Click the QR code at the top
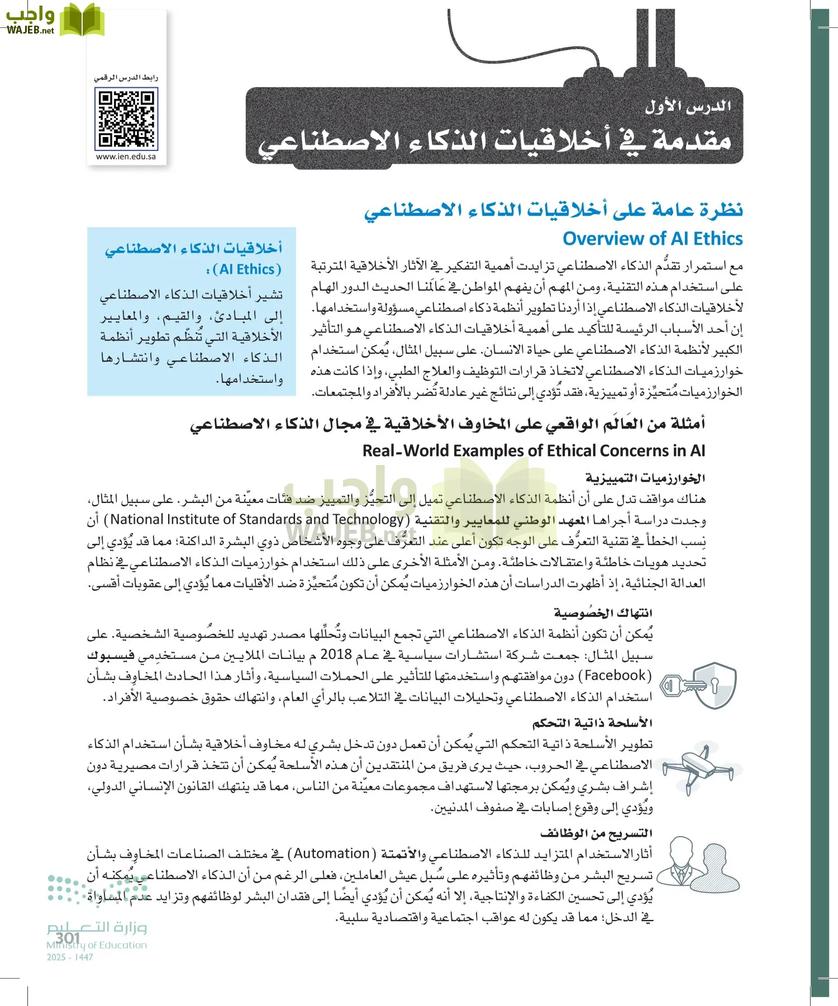[x=127, y=120]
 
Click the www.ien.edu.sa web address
[x=126, y=157]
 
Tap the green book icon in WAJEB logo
[x=82, y=20]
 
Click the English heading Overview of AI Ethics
[x=652, y=239]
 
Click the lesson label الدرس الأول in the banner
[x=688, y=106]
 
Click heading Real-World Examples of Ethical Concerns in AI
[x=534, y=450]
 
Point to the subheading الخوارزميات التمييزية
[x=645, y=478]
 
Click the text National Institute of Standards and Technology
[x=257, y=520]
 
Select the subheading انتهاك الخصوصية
[x=603, y=613]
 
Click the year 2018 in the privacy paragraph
[x=336, y=654]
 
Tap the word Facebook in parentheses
[x=615, y=676]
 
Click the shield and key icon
[x=698, y=686]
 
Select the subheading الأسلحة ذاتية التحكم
[x=592, y=723]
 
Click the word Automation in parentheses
[x=332, y=854]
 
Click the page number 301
[x=68, y=937]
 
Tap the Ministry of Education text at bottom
[x=97, y=946]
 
